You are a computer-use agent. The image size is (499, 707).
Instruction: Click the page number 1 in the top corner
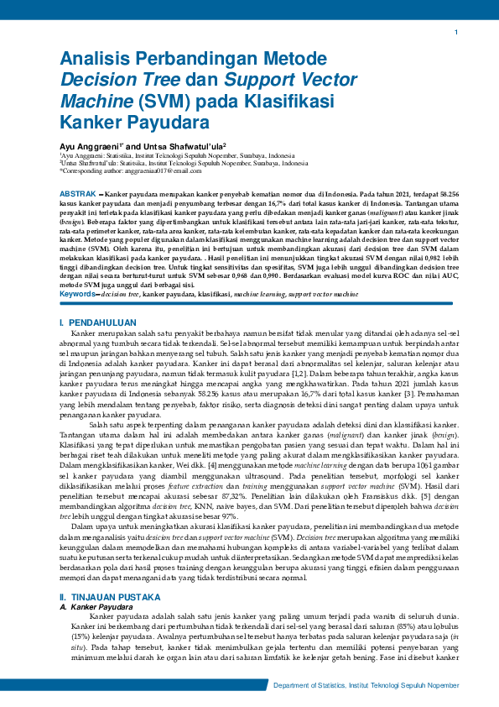(x=455, y=32)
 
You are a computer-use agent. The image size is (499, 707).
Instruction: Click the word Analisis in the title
(x=96, y=60)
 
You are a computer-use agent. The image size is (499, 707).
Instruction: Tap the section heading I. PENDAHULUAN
(x=97, y=322)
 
